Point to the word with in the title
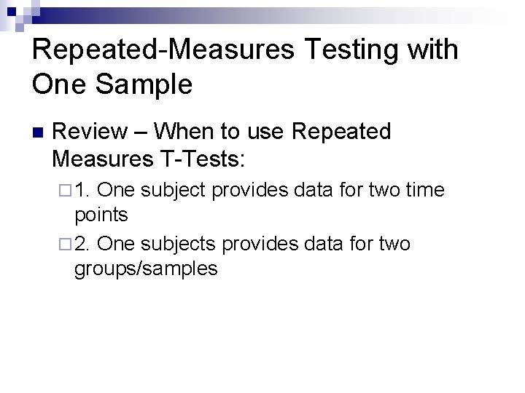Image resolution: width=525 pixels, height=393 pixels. click(x=431, y=51)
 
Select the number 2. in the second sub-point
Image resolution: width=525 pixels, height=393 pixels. click(x=82, y=243)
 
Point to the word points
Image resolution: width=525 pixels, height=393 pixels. click(x=101, y=215)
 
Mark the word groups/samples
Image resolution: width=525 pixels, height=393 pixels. click(x=146, y=268)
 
